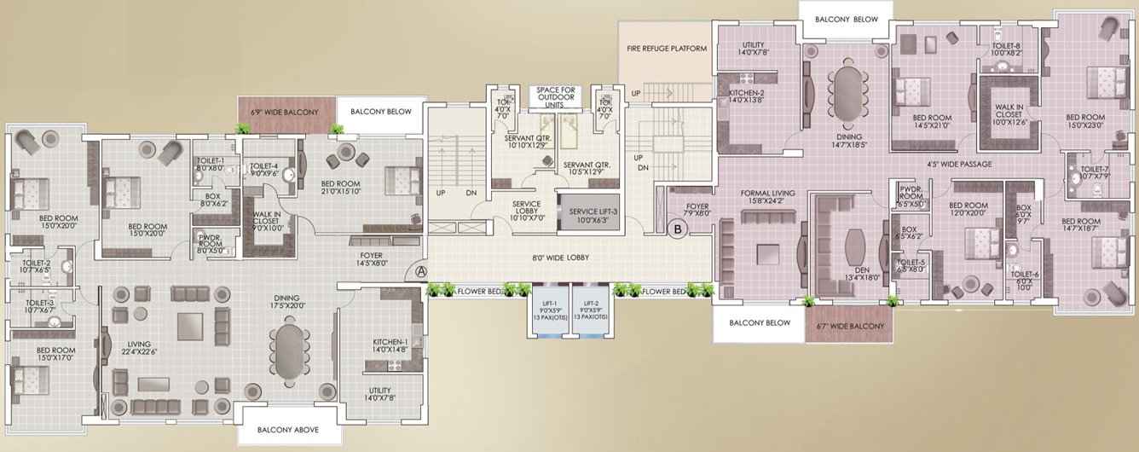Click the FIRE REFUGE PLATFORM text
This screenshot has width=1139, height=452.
[668, 49]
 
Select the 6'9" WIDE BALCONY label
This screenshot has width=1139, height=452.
[284, 112]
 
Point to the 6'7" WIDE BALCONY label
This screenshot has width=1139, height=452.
[848, 324]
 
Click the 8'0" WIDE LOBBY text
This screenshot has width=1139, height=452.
[560, 258]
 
